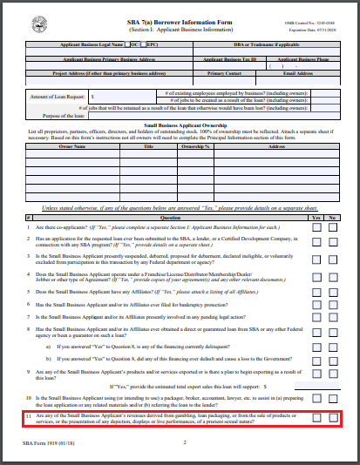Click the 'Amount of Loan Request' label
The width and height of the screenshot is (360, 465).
coord(58,97)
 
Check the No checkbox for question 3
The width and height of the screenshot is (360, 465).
coord(334,260)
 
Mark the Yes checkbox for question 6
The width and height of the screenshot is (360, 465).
coord(317,305)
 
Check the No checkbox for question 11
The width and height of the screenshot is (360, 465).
coord(334,419)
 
